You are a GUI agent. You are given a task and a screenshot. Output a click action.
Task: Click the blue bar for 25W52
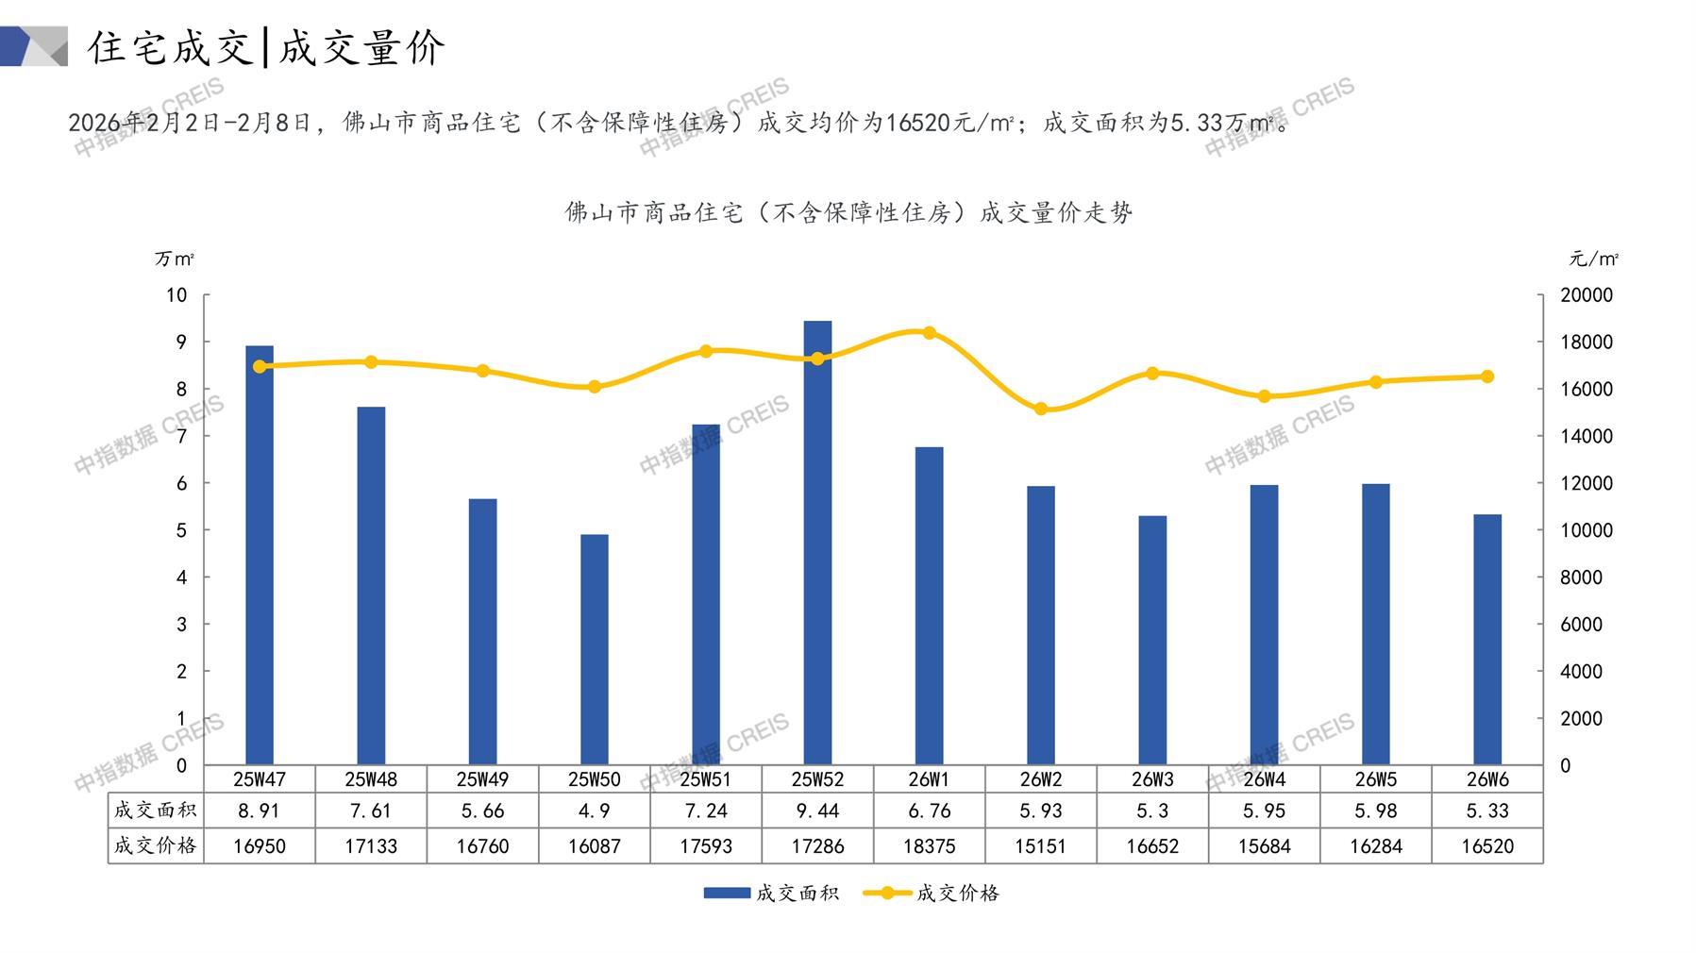(x=817, y=543)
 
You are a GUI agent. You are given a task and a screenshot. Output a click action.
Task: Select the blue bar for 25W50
(x=595, y=649)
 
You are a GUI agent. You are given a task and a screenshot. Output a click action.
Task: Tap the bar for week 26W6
(x=1487, y=639)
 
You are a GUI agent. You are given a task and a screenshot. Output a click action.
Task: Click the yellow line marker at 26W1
(x=930, y=333)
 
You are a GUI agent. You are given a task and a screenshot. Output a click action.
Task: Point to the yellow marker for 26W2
(x=1041, y=410)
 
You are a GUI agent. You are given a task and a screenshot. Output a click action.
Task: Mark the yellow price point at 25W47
(x=260, y=366)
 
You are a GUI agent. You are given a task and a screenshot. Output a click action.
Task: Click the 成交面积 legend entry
(x=772, y=893)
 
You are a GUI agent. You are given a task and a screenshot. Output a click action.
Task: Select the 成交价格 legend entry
(x=932, y=893)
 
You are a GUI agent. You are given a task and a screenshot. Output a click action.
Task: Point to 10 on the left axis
(x=176, y=295)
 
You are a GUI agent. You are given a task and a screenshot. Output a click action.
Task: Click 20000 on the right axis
(x=1587, y=295)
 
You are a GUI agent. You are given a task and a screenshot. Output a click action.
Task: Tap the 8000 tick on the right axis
(x=1581, y=577)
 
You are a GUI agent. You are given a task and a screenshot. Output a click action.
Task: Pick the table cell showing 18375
(x=930, y=846)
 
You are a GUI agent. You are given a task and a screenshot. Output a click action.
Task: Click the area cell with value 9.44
(x=817, y=811)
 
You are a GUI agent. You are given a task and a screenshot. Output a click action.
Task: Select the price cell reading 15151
(x=1041, y=846)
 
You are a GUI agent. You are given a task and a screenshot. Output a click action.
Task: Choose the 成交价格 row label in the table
(x=156, y=845)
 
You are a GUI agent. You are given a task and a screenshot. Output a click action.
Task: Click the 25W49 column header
(x=482, y=779)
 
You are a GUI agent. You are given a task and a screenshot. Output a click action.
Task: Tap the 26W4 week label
(x=1264, y=779)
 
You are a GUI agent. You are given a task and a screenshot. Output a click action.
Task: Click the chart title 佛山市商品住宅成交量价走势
(x=848, y=212)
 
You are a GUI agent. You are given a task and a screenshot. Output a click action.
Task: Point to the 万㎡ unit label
(x=175, y=259)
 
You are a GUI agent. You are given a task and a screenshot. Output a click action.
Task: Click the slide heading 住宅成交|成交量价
(x=266, y=47)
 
